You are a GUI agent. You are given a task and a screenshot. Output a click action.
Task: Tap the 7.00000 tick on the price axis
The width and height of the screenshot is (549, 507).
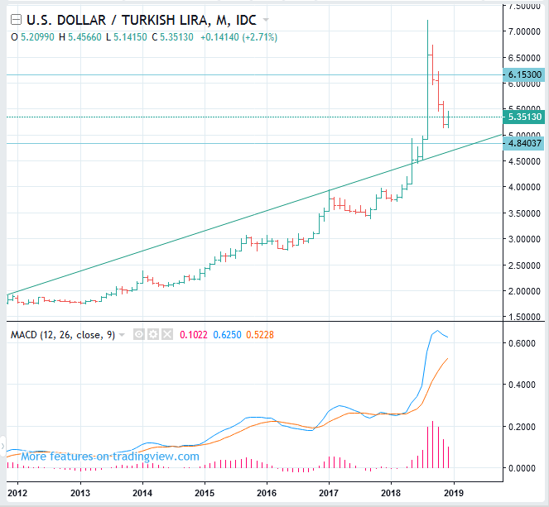523,31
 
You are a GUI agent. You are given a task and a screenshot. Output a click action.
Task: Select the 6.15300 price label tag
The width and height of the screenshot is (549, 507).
523,74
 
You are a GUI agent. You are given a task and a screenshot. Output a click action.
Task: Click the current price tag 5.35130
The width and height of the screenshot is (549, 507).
523,117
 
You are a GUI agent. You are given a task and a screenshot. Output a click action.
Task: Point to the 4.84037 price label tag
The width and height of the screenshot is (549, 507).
523,143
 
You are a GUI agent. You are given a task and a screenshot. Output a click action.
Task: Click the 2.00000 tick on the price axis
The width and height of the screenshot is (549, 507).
523,291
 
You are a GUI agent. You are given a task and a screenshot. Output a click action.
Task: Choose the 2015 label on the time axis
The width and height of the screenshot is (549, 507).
205,493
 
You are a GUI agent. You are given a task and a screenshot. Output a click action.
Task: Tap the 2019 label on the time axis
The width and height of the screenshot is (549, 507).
454,493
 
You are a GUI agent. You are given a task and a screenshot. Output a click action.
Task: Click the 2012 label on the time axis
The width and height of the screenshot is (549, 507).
18,493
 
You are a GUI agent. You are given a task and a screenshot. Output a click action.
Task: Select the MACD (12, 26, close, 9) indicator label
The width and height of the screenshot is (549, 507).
63,335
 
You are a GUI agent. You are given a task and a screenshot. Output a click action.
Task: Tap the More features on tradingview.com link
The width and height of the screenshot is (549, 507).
109,456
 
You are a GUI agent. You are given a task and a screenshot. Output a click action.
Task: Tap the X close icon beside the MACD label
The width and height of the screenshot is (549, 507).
168,335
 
